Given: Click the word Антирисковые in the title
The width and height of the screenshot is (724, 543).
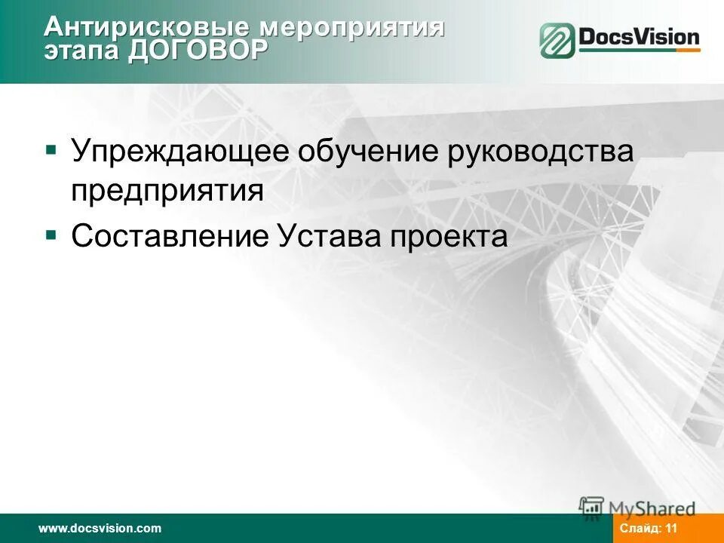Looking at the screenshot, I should click(x=147, y=28).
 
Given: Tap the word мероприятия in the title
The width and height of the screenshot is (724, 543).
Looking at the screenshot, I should click(x=351, y=28).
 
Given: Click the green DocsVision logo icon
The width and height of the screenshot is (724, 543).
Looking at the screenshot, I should click(x=557, y=40).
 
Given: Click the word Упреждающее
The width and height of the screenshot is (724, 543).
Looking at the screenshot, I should click(x=180, y=151).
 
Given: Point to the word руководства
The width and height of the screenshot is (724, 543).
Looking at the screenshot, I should click(x=541, y=151).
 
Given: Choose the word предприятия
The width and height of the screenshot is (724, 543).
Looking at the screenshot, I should click(x=167, y=192).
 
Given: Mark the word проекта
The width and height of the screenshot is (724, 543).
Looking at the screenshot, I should click(x=449, y=237).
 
